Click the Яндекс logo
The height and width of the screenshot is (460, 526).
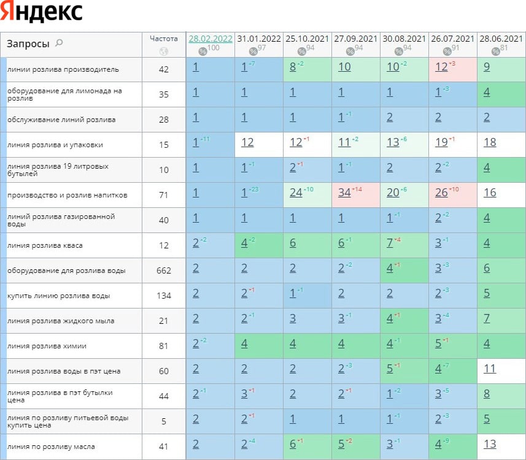click(42, 12)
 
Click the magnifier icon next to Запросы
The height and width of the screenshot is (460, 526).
click(59, 43)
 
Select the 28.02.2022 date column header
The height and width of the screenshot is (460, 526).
click(211, 39)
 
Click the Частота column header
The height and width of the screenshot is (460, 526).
click(163, 38)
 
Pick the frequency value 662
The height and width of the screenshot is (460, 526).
click(163, 270)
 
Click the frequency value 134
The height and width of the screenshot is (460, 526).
click(163, 296)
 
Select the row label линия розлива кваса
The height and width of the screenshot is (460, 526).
click(45, 245)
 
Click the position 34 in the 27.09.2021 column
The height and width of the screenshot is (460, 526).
click(344, 193)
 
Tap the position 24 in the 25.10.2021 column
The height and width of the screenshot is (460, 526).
click(296, 193)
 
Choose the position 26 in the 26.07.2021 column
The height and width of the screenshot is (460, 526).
click(441, 193)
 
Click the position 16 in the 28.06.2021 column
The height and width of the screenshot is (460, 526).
click(490, 193)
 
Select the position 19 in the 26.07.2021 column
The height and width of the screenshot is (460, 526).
click(441, 142)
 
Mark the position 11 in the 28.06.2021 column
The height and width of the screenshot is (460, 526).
click(490, 369)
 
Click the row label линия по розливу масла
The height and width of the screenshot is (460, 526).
click(51, 447)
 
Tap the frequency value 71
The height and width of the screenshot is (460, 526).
click(163, 195)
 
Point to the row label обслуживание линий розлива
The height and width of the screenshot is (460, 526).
click(61, 120)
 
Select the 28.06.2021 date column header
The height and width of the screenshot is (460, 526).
click(500, 39)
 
